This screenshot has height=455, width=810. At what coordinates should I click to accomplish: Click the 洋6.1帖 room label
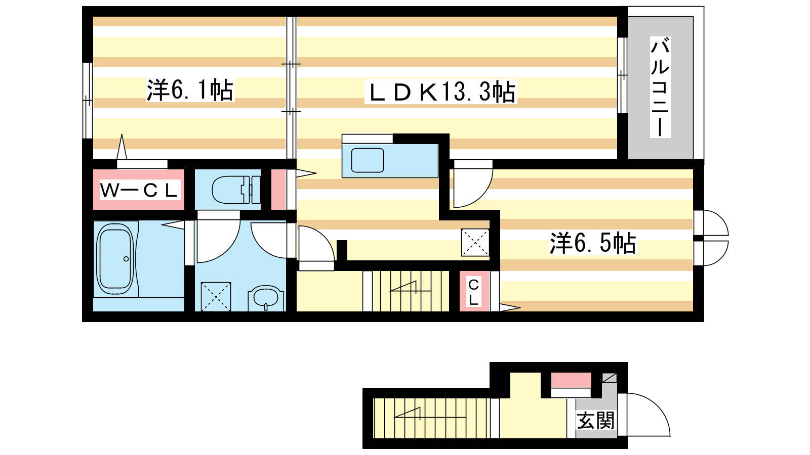tap(190, 90)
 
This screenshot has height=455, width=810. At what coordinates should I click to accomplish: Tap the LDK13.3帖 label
tap(441, 92)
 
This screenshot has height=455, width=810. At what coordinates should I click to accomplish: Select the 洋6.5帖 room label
tap(593, 243)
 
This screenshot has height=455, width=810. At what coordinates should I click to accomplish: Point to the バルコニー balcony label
tap(660, 86)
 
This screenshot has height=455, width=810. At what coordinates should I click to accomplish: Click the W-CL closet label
tap(139, 190)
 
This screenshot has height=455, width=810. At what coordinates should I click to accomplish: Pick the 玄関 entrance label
tap(595, 420)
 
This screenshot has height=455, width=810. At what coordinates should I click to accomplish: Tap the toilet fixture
tap(236, 190)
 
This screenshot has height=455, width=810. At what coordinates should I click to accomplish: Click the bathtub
tap(116, 258)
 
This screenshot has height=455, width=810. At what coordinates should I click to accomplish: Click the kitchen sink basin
tap(368, 160)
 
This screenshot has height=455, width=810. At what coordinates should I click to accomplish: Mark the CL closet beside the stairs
tap(474, 291)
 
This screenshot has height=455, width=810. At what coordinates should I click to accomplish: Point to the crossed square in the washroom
tap(216, 297)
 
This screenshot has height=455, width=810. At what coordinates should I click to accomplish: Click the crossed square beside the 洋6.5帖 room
tap(475, 243)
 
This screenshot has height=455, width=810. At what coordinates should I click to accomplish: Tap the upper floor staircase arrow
tap(411, 288)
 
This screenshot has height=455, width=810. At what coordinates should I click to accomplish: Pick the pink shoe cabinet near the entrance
tap(571, 380)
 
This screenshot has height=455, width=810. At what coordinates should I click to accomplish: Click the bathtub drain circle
tap(126, 259)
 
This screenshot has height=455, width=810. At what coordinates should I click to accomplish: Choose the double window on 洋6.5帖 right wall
tap(711, 238)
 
